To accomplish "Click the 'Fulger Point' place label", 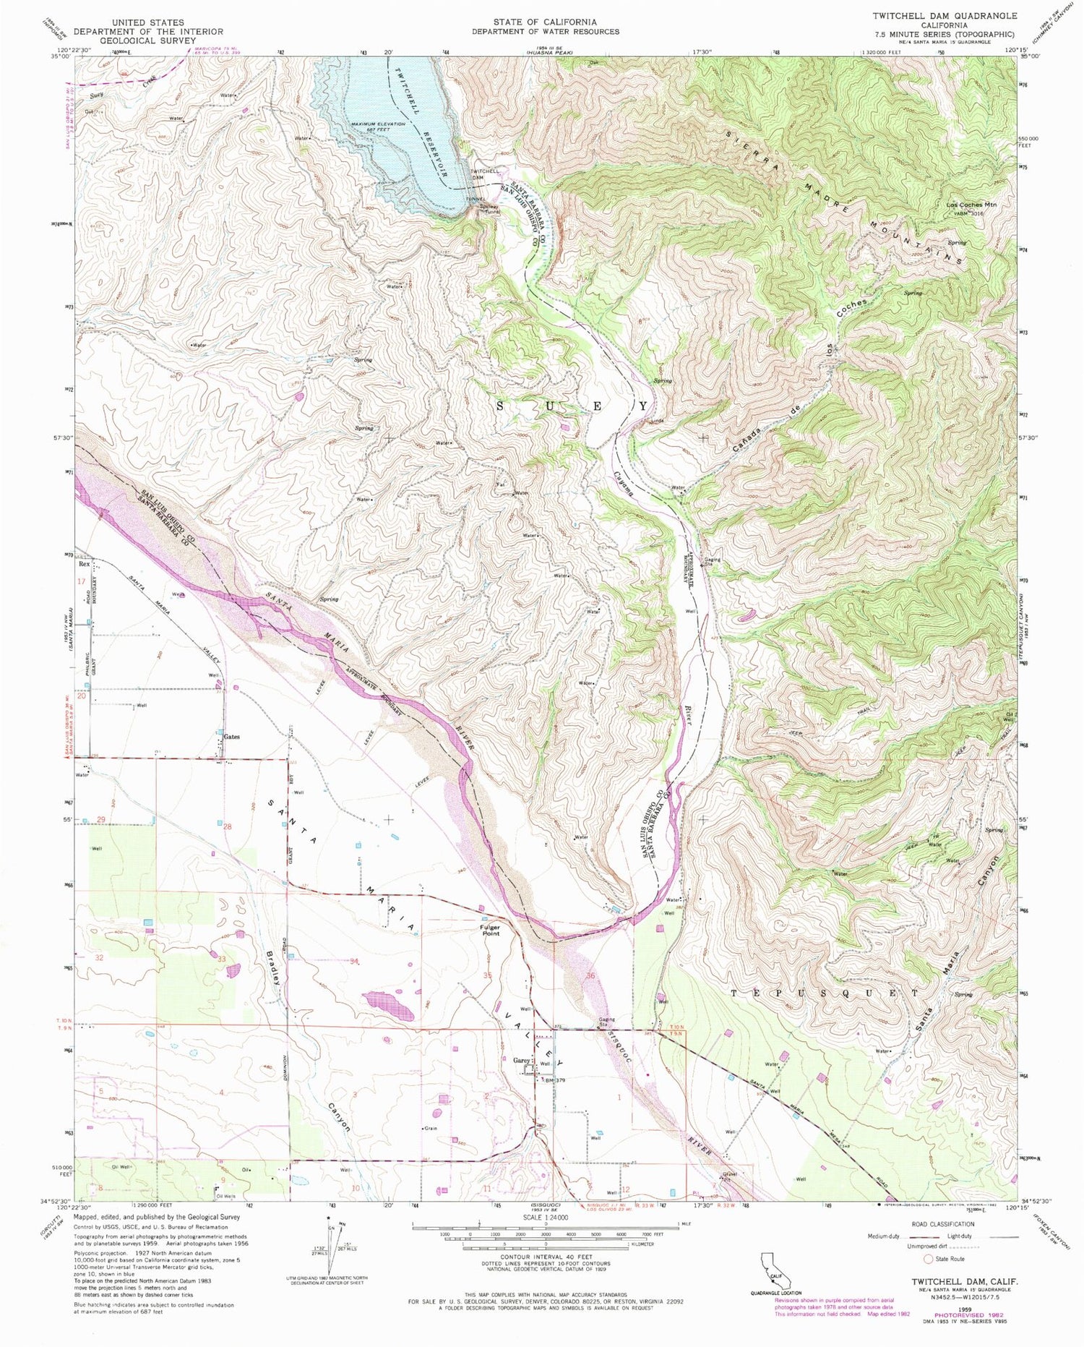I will tap(490, 931).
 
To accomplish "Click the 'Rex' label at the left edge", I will tap(85, 563).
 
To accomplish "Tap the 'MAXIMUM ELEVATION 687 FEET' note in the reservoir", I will tap(378, 127).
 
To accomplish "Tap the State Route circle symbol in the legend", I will tap(928, 1259).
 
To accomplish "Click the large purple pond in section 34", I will tap(389, 1005).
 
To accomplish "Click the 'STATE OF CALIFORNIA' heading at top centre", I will tap(546, 22).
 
